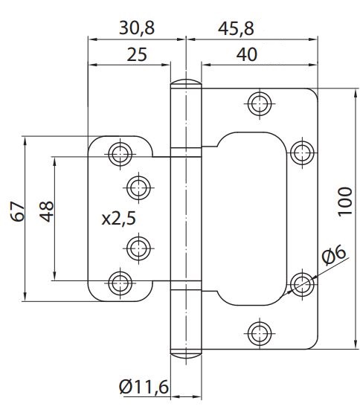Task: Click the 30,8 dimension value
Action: (137, 28)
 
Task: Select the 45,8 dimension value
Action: (236, 28)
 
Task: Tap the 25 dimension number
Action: (137, 54)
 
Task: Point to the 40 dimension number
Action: (247, 54)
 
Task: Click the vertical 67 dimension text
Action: (18, 212)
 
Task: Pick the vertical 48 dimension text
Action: (47, 212)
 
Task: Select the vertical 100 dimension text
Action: (345, 202)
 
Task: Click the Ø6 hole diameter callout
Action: (334, 255)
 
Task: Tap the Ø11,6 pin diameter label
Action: (144, 387)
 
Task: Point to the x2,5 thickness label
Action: (119, 219)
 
